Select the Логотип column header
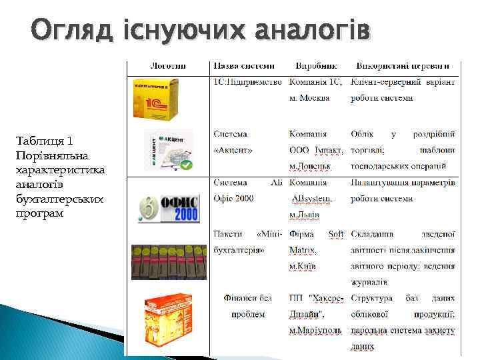pyautogui.click(x=168, y=66)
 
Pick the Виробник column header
pyautogui.click(x=316, y=66)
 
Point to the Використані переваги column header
pyautogui.click(x=407, y=66)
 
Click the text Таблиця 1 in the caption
pyautogui.click(x=43, y=141)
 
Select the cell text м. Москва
pyautogui.click(x=309, y=98)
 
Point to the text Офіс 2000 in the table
pyautogui.click(x=233, y=198)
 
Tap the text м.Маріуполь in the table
pyautogui.click(x=315, y=330)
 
